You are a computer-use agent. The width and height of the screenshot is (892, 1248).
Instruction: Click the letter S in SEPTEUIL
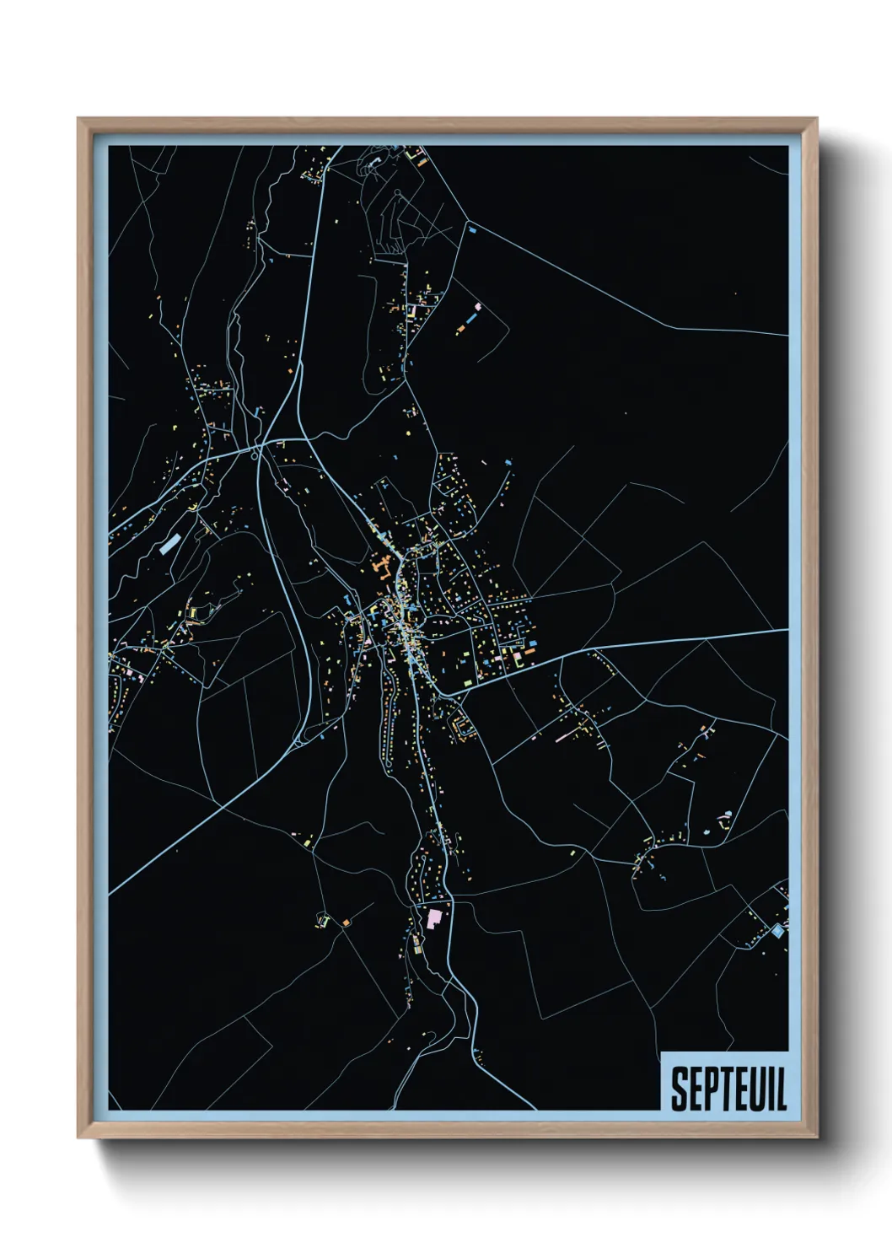tap(679, 1089)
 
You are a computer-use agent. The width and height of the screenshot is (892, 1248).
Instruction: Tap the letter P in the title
tap(712, 1089)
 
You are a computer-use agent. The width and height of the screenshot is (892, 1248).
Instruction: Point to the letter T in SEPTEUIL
tap(728, 1089)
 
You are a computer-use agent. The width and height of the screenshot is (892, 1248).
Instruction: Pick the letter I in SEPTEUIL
tap(771, 1089)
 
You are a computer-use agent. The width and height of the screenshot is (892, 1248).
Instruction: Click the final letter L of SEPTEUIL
tap(781, 1089)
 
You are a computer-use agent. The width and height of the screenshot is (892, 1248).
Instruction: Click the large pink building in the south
tap(435, 917)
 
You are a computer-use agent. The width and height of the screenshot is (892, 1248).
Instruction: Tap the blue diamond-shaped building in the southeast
tap(777, 931)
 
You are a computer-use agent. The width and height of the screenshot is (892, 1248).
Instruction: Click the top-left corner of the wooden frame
tap(79, 120)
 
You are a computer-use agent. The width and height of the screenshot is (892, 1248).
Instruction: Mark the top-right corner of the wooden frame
tap(816, 120)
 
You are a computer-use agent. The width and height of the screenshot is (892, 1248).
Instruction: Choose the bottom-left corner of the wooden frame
tap(79, 1137)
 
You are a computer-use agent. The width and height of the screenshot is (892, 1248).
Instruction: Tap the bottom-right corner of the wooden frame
tap(816, 1137)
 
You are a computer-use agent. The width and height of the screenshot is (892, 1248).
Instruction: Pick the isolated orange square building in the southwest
tap(346, 923)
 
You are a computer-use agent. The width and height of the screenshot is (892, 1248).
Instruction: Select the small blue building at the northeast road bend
tap(472, 228)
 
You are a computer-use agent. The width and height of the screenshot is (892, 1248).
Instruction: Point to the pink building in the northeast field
tap(477, 307)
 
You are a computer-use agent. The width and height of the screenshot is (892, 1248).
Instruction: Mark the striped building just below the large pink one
tap(417, 949)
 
